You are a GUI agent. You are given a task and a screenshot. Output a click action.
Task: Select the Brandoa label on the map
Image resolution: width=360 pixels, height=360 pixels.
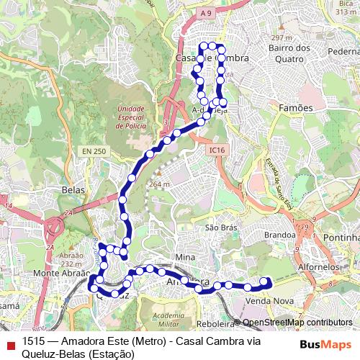tap(280, 235)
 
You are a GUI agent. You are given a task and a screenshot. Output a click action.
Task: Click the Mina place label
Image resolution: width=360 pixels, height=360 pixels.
tap(185, 257)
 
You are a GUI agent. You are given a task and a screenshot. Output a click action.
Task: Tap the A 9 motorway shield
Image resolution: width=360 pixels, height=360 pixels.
tap(205, 12)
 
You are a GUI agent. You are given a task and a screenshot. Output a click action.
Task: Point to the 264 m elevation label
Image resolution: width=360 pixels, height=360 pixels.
tap(159, 184)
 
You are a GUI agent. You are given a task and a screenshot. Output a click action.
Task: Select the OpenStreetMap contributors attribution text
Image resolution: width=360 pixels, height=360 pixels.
tap(297, 323)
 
